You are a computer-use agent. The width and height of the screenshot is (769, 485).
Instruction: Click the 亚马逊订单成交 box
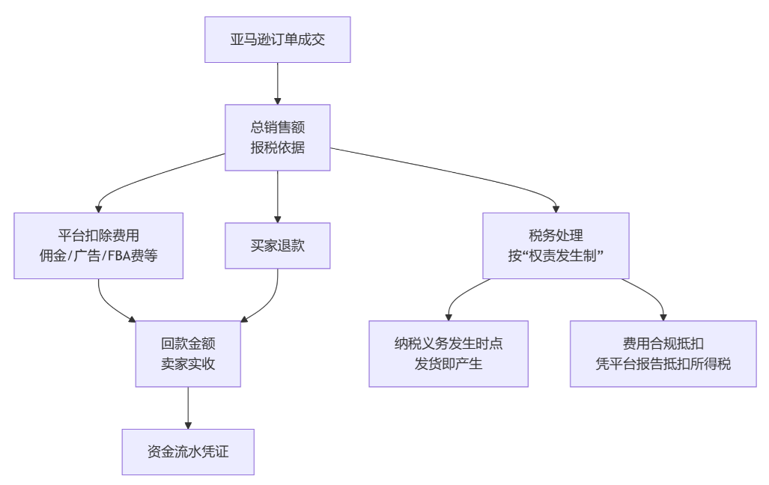click(x=277, y=40)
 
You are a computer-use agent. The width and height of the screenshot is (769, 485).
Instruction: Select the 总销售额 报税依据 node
click(x=277, y=138)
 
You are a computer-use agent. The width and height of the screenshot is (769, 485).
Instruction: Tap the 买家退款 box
click(x=277, y=246)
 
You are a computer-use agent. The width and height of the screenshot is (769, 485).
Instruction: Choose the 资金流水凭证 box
click(x=188, y=452)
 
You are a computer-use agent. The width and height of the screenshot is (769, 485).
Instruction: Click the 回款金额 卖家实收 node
click(x=188, y=354)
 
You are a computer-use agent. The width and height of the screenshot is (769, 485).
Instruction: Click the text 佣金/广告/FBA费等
click(x=98, y=256)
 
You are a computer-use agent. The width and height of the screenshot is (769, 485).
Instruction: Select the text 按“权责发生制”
click(x=556, y=256)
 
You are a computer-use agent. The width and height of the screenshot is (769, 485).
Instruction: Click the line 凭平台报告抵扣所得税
click(x=663, y=364)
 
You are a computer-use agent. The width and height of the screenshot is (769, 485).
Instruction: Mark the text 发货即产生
click(x=448, y=364)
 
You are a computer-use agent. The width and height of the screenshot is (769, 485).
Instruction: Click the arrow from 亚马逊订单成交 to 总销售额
click(x=277, y=82)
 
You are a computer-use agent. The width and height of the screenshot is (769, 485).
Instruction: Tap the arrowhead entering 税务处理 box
click(x=556, y=208)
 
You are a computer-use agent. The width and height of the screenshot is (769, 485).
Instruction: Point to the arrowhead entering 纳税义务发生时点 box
click(x=448, y=316)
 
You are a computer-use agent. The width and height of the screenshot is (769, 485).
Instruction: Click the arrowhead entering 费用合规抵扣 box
click(x=663, y=316)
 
